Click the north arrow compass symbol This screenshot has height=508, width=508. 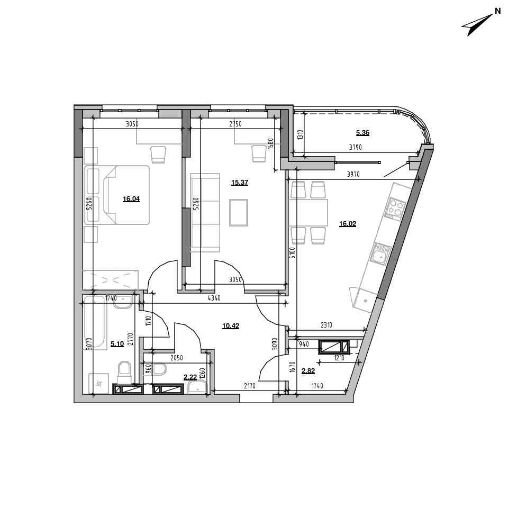coord(478,24)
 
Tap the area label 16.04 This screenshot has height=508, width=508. coord(131,199)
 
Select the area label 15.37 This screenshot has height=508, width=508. coord(239,183)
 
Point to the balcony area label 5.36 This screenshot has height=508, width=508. coord(362,132)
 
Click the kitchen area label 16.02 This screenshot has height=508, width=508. coord(347,223)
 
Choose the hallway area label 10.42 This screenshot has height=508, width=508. coord(231,325)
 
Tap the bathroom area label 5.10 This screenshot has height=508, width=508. coord(117,344)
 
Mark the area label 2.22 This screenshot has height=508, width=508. coord(190,377)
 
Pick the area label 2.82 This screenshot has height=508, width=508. coord(308,371)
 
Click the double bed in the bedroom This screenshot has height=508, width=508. coord(117,195)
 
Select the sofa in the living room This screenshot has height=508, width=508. coord(205,213)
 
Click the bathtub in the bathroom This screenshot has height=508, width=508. coord(95,323)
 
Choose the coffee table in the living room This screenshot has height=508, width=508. coord(239,213)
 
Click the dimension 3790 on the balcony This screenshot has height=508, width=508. coord(356,147)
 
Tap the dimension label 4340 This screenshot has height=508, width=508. coord(214,298)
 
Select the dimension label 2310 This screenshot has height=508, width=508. coord(326,325)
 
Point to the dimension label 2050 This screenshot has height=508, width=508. coord(177,358)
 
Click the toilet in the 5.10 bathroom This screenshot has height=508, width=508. coord(124,372)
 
